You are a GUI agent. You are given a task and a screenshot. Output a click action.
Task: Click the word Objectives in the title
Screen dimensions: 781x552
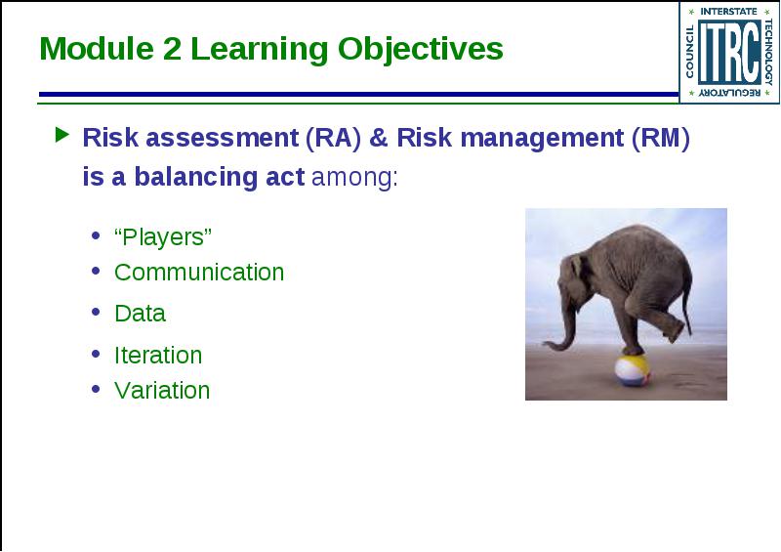[421, 50]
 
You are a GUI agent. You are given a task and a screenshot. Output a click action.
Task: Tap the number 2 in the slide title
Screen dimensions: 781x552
[172, 49]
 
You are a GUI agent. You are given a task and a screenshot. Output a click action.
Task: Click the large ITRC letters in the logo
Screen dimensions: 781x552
[728, 52]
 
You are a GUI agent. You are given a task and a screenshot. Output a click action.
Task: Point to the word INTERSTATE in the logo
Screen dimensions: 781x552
[728, 11]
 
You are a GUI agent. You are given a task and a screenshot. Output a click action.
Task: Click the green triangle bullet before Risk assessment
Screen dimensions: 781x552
[62, 135]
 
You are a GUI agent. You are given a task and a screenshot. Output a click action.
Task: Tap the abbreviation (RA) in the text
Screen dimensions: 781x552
[333, 138]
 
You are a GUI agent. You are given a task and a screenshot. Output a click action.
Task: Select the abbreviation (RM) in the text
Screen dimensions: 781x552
[661, 138]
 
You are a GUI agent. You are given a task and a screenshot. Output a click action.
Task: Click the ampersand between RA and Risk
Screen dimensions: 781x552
[379, 138]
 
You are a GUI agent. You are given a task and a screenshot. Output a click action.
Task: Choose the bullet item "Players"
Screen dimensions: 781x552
[163, 236]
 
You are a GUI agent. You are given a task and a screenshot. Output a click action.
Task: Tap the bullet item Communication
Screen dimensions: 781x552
[199, 273]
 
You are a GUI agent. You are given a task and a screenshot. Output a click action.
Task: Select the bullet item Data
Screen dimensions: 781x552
[140, 314]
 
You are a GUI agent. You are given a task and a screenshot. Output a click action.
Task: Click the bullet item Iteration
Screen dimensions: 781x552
[158, 356]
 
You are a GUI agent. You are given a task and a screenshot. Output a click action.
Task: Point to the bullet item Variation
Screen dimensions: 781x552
[162, 391]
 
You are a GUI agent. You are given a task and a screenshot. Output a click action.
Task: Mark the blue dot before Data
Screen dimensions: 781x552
[96, 313]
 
